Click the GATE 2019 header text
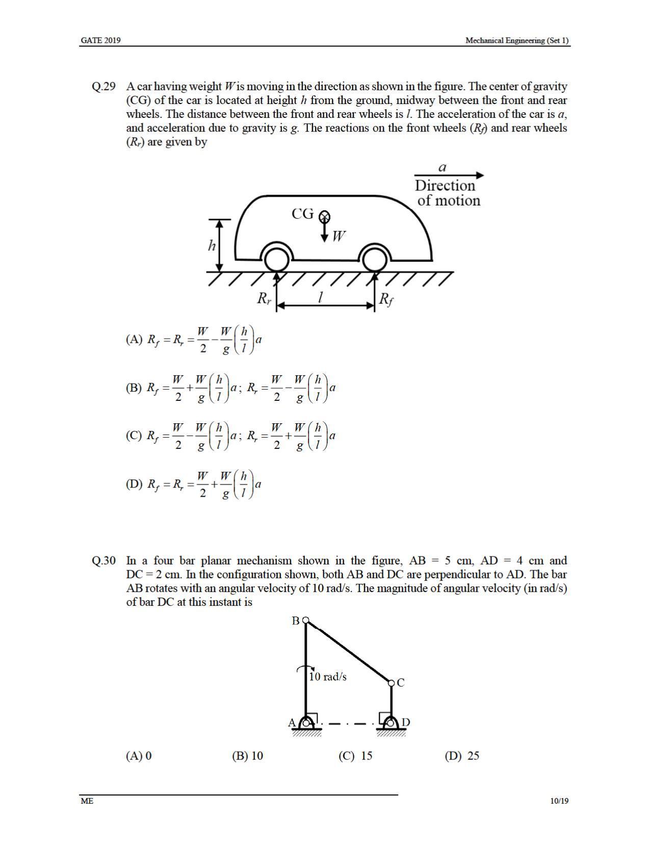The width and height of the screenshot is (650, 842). point(100,40)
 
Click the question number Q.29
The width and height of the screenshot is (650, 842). point(103,86)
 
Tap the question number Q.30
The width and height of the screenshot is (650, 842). point(103,561)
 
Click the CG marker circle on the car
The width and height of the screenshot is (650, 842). point(324,217)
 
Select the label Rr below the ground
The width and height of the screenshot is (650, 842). point(264,298)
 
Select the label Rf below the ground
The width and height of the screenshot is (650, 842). point(386,299)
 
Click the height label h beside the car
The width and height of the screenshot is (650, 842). point(212,246)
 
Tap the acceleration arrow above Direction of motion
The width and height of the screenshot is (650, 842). point(449,175)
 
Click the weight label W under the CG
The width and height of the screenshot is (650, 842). point(339,236)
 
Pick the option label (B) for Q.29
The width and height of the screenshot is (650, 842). point(134,388)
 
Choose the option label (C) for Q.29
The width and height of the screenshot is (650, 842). point(134,436)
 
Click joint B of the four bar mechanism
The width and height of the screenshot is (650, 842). point(305,621)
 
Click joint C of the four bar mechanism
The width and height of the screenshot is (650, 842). point(391,682)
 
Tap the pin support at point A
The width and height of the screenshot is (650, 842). point(306,723)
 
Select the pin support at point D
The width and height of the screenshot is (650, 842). point(391,723)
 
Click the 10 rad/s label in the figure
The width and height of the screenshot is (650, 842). point(328,677)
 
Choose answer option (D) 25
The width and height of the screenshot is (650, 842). point(462,756)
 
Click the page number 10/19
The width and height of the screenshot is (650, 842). point(559,801)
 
